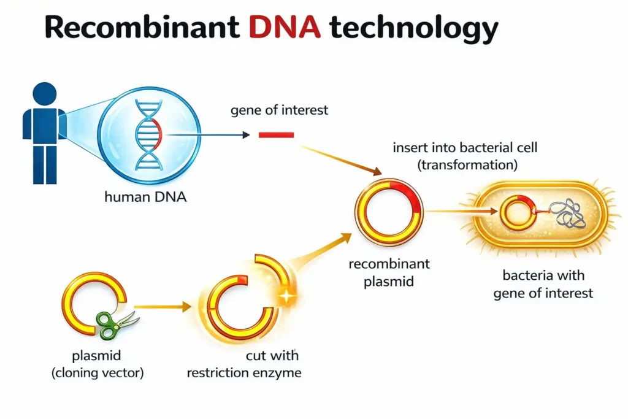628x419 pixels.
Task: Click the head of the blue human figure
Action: coord(44,95)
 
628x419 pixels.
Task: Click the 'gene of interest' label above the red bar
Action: coord(279,110)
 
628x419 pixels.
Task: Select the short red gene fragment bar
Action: coord(276,135)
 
